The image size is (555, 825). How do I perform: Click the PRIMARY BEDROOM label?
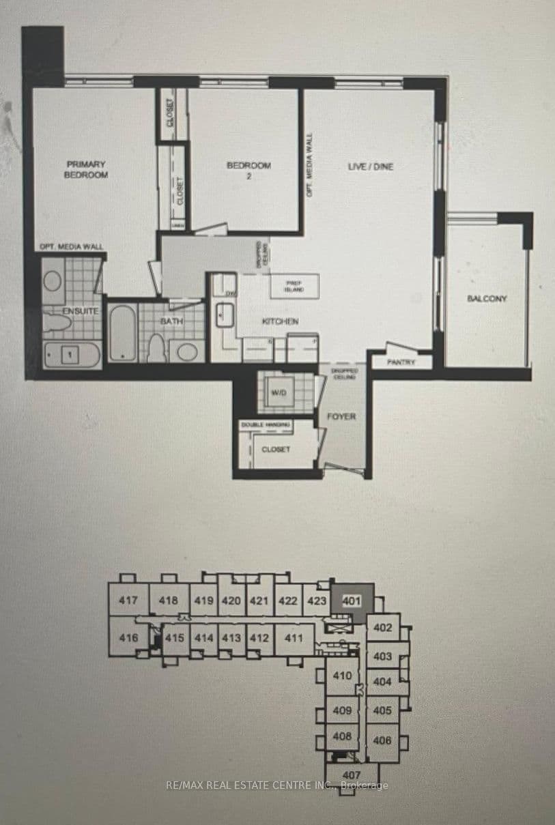tap(86, 169)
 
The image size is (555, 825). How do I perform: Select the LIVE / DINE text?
tap(371, 167)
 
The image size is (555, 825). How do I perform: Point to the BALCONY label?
tap(487, 298)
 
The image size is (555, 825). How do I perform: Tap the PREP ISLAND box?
tap(295, 286)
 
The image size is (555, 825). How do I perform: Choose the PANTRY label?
tap(401, 362)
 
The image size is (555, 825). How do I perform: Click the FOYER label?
tap(341, 416)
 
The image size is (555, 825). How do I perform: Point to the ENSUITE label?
tap(81, 311)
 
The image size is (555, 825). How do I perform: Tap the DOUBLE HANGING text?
tap(265, 424)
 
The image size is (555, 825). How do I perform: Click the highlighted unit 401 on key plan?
tap(351, 601)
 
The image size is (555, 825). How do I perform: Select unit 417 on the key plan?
tap(128, 600)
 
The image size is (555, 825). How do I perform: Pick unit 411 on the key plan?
tap(294, 638)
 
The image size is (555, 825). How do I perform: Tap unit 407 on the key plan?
tap(351, 775)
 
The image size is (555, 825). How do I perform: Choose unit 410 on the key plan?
tap(342, 676)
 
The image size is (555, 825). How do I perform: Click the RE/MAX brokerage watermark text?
tap(277, 785)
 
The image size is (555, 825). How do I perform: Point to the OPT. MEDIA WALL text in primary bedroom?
tap(71, 246)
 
